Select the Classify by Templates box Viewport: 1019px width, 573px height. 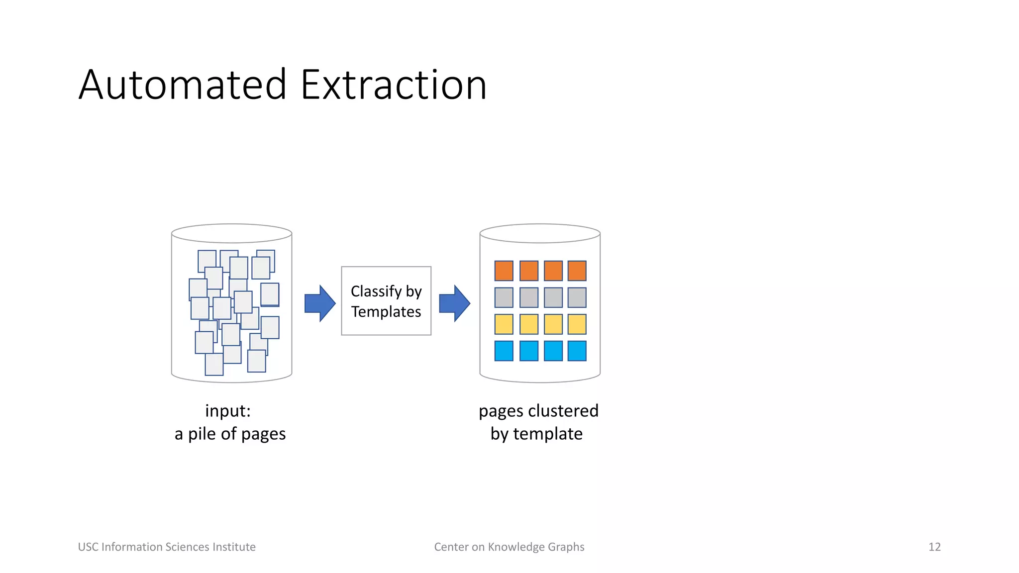[x=386, y=301]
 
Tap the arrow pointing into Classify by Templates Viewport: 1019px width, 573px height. [x=319, y=303]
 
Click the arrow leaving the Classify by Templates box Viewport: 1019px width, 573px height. [x=454, y=303]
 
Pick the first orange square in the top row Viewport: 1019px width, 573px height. [x=504, y=271]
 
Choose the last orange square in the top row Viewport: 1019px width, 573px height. [x=577, y=271]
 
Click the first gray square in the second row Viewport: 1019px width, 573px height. [x=504, y=297]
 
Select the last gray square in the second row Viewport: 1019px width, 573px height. [x=577, y=297]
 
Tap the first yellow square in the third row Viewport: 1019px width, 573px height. [x=504, y=324]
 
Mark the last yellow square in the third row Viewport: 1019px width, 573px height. [x=577, y=324]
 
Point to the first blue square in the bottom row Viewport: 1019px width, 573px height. [x=504, y=351]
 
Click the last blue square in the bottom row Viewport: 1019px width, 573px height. [x=577, y=351]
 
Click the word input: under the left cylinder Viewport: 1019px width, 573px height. [x=228, y=411]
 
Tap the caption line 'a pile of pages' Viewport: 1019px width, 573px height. [x=230, y=434]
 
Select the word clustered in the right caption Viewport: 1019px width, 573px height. [x=563, y=411]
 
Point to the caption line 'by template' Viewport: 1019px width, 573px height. [x=536, y=434]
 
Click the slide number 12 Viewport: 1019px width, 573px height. [x=934, y=547]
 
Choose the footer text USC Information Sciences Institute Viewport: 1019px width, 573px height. [x=167, y=547]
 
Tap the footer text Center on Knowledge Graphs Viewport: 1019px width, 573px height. [x=509, y=547]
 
